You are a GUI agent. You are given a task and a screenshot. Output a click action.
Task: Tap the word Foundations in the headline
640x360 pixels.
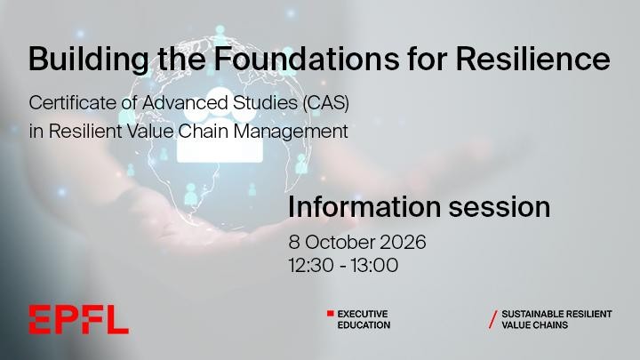(x=306, y=59)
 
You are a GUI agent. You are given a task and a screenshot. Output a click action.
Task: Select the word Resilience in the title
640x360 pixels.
(x=532, y=59)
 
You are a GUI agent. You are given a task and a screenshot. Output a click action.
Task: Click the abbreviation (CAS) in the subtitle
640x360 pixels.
(x=325, y=103)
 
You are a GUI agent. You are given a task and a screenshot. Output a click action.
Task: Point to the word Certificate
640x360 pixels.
(x=73, y=103)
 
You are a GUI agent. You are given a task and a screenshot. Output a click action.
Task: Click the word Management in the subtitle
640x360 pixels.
(x=291, y=132)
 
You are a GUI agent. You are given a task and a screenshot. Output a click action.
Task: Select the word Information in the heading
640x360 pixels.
(x=364, y=207)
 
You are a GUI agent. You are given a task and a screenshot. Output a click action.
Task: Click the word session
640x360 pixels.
(x=500, y=207)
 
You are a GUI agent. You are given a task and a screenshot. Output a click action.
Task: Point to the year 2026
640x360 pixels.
(x=403, y=242)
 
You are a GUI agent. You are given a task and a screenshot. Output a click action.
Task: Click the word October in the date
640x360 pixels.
(x=340, y=242)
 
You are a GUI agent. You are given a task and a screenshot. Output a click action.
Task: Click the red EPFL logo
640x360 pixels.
(x=78, y=320)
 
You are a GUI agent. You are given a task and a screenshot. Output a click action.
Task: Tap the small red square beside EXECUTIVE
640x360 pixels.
(x=330, y=314)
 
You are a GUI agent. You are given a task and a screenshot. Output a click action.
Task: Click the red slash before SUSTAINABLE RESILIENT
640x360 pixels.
(x=493, y=319)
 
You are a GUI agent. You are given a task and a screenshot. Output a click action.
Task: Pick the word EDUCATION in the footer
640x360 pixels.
(x=364, y=325)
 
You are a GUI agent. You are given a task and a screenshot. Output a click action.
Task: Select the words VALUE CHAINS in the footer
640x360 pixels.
(x=535, y=325)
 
